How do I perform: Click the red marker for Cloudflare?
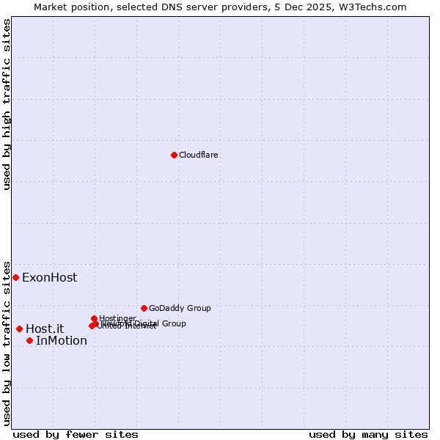point(174,155)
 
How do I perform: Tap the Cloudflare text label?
point(199,155)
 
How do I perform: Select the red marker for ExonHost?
point(15,277)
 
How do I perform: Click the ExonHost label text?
point(49,278)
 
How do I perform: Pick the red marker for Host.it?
point(19,329)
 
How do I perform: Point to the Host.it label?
point(45,329)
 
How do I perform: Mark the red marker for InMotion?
point(29,340)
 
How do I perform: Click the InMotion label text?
point(62,341)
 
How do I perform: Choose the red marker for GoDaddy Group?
point(144,308)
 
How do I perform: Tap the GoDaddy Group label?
point(180,308)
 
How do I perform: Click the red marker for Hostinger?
point(94,318)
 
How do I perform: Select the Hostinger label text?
point(117,318)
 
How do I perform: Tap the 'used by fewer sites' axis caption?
point(76,434)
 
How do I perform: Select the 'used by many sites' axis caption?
point(368,434)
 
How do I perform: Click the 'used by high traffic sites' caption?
point(7,104)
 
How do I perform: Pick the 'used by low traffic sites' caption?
point(7,343)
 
